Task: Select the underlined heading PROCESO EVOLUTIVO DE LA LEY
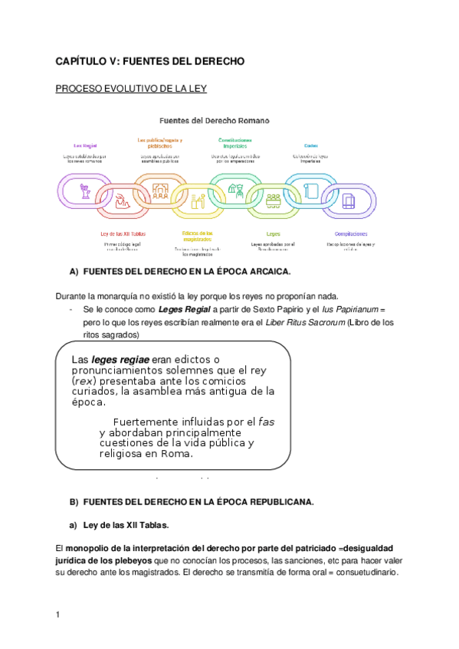[131, 89]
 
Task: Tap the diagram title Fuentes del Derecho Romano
[214, 120]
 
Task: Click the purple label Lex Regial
[85, 145]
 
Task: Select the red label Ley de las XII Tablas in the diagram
[123, 233]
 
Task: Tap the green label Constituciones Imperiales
[235, 143]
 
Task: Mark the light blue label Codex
[310, 145]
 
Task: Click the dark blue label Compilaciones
[351, 233]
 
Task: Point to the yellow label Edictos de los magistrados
[198, 236]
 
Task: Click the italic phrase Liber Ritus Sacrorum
[304, 322]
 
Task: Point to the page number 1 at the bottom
[57, 615]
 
